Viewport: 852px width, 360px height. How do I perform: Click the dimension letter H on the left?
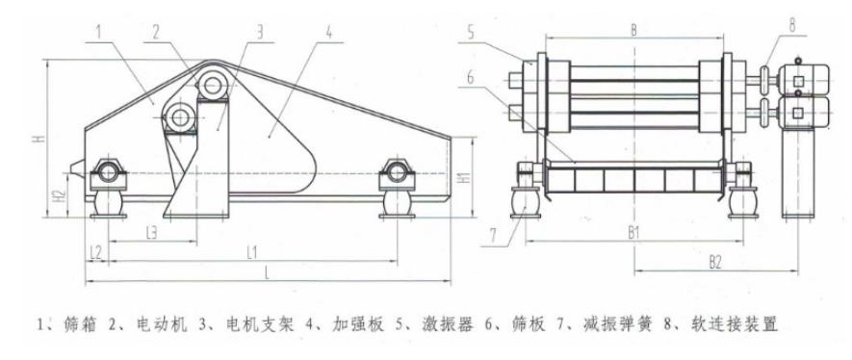(x=37, y=139)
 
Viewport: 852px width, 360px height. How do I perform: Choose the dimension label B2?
(x=716, y=261)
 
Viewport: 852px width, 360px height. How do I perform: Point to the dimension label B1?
(x=633, y=234)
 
